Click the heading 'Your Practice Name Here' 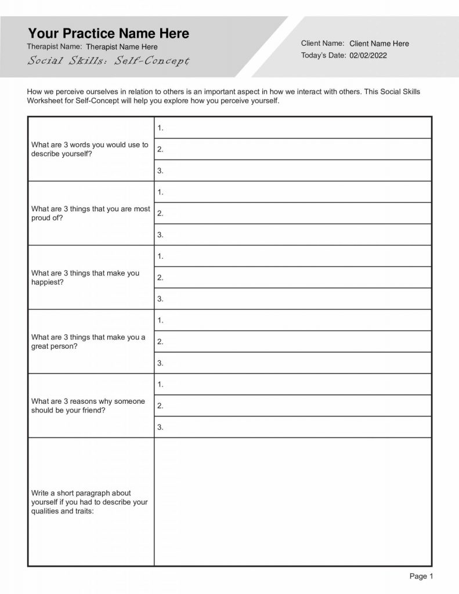[x=109, y=33]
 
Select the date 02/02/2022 [x=368, y=56]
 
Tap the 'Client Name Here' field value [x=379, y=44]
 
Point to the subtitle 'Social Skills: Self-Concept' [x=108, y=61]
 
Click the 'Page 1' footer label [x=421, y=576]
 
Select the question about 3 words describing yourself [x=90, y=149]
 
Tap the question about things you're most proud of [x=91, y=213]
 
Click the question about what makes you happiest [x=85, y=277]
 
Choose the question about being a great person [x=88, y=342]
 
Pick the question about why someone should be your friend [x=88, y=405]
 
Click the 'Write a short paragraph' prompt [x=89, y=502]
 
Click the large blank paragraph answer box [x=292, y=502]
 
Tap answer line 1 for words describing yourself [x=292, y=128]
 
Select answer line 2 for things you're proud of [x=292, y=213]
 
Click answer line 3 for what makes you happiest [x=292, y=299]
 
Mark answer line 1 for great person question [x=292, y=320]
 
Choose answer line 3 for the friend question [x=292, y=427]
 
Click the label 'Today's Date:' [x=323, y=56]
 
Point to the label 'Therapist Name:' [x=55, y=46]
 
